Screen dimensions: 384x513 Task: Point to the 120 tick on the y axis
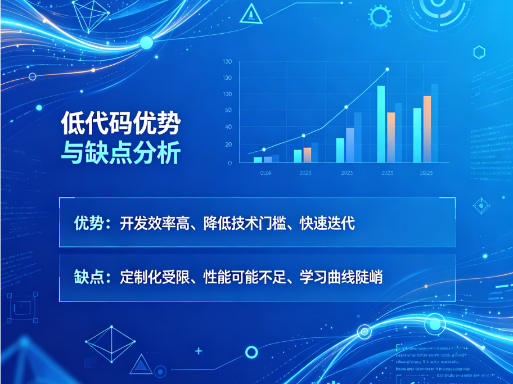tap(227, 62)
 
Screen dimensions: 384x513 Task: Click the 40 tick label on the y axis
tap(228, 127)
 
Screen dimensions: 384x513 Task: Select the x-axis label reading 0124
tap(265, 173)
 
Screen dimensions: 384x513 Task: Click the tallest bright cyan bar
tap(381, 124)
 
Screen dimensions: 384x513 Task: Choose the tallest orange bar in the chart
tap(427, 129)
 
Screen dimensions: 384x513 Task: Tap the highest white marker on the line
tap(387, 70)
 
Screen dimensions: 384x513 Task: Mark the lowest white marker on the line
tap(263, 150)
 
